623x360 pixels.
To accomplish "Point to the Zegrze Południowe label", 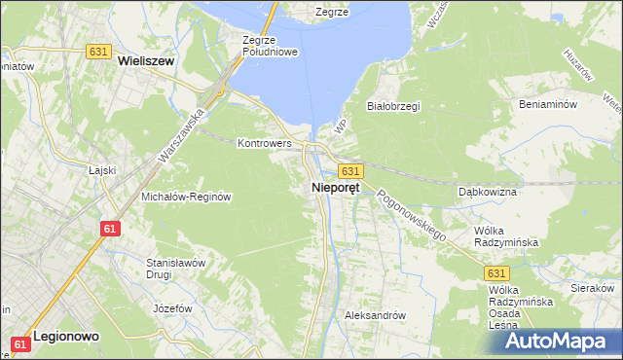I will pyautogui.click(x=269, y=46).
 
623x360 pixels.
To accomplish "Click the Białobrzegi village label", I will pyautogui.click(x=392, y=106).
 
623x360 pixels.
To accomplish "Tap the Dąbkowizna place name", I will pyautogui.click(x=487, y=192).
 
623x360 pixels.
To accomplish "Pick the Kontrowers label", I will pyautogui.click(x=265, y=142).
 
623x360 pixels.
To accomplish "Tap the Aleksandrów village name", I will pyautogui.click(x=375, y=315).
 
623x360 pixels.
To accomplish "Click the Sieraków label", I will pyautogui.click(x=594, y=289).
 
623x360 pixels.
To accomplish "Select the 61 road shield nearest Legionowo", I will pyautogui.click(x=20, y=344).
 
